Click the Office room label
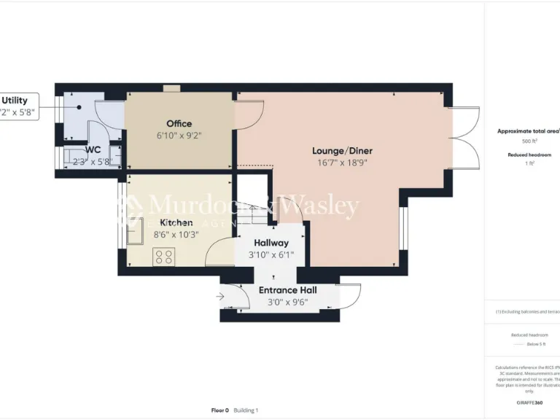[x=179, y=123]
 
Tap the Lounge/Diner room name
[x=342, y=151]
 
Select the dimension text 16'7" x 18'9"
[x=342, y=163]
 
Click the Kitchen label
[x=176, y=222]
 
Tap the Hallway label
[x=271, y=243]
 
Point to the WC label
[x=93, y=149]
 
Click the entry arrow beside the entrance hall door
[x=221, y=296]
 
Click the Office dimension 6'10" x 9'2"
[x=179, y=136]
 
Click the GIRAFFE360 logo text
[x=529, y=403]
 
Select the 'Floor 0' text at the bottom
[x=219, y=411]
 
